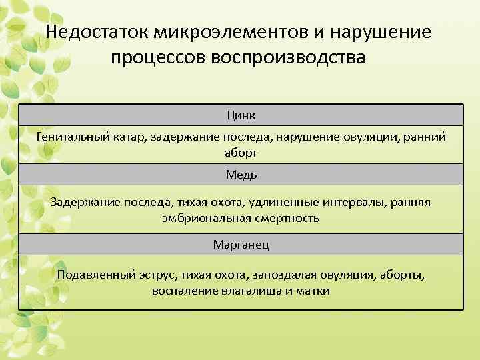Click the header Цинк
click(241, 115)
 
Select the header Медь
click(241, 175)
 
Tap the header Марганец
click(241, 245)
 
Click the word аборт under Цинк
click(241, 152)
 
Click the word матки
click(314, 291)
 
